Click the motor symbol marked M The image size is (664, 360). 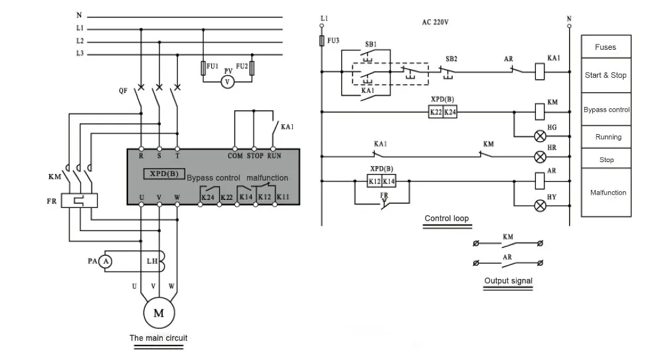159,313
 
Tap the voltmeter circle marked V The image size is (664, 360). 227,82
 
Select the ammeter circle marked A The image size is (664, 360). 106,261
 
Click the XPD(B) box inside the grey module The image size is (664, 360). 164,173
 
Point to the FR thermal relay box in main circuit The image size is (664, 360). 79,201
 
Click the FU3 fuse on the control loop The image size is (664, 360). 322,41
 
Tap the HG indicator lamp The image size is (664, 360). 540,136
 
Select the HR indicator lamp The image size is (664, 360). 540,157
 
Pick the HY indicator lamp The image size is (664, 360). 540,206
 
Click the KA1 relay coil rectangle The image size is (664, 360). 540,72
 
